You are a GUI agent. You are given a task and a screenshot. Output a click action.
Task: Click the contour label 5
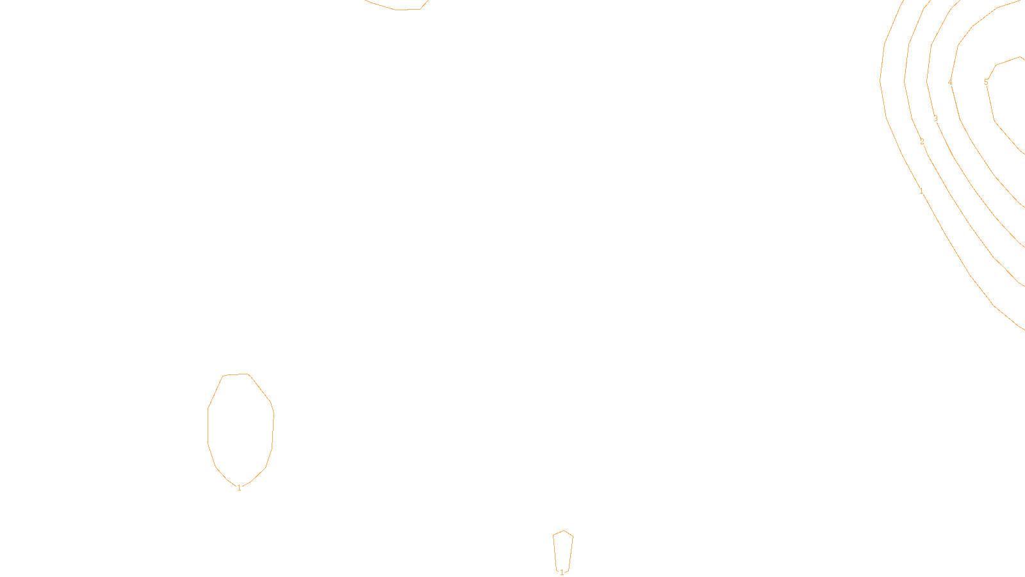click(x=986, y=82)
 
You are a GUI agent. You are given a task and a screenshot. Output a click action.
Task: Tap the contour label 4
click(x=950, y=82)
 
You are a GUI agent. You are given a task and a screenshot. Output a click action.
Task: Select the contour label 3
click(x=935, y=119)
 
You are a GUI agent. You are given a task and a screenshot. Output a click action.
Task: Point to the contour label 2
click(x=922, y=142)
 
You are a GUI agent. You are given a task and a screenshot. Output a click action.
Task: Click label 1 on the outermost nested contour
click(x=921, y=191)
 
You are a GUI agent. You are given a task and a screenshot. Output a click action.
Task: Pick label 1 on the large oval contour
click(x=239, y=488)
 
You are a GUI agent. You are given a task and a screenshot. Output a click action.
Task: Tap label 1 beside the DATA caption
click(x=562, y=572)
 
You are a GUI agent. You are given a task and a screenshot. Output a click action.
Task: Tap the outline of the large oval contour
click(x=208, y=423)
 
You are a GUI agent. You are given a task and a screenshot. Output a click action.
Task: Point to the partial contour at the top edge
click(x=397, y=10)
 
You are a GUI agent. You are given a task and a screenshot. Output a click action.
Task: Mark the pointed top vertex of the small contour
click(x=564, y=530)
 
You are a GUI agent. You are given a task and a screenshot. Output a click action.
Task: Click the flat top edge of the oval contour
click(x=236, y=374)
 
